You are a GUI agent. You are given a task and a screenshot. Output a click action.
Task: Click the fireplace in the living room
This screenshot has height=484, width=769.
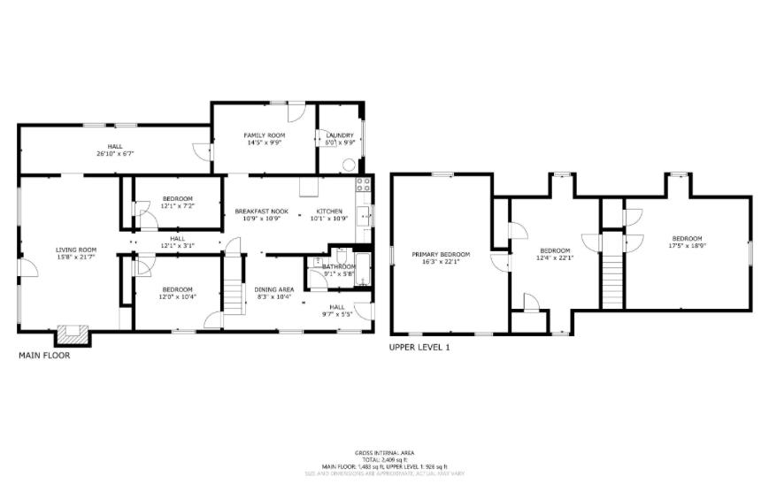73,334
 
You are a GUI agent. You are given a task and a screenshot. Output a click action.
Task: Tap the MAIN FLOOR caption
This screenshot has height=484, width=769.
44,356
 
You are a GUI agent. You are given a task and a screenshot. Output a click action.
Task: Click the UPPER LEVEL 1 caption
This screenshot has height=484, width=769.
419,348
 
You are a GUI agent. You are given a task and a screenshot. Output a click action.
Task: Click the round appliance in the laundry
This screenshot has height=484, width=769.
351,165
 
